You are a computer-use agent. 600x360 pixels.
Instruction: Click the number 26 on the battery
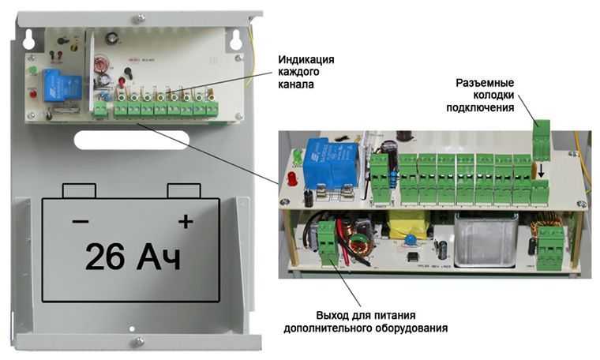105,257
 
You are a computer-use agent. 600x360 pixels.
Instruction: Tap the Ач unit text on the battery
158,257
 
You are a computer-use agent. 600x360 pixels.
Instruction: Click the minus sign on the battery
81,221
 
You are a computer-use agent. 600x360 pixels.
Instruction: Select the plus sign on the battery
186,221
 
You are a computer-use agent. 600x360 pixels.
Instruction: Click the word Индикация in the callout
306,60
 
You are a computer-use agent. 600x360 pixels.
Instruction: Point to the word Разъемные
485,83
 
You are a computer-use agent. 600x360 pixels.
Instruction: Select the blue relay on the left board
62,85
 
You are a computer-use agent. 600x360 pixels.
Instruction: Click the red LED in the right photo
292,178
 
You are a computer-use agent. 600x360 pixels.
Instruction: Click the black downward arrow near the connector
541,171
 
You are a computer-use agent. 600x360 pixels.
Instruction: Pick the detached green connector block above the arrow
542,140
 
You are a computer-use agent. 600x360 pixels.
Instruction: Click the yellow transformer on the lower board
407,224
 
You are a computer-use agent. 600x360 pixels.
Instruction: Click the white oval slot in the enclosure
132,140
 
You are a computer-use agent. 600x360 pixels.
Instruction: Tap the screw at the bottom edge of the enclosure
138,341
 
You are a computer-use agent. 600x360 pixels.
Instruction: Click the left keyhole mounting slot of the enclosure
29,39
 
